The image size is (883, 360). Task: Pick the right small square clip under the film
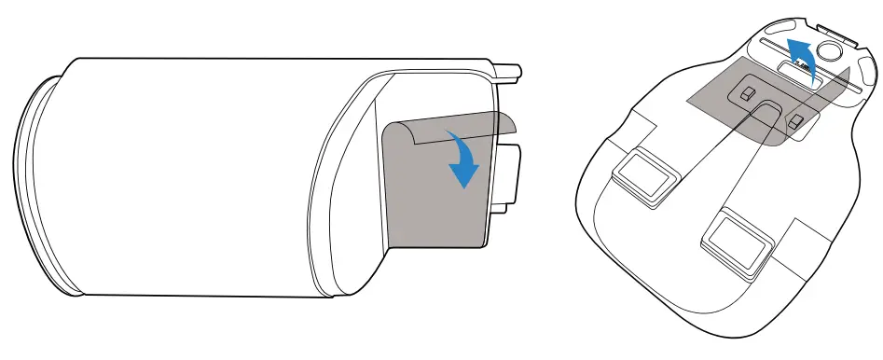pyautogui.click(x=794, y=122)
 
